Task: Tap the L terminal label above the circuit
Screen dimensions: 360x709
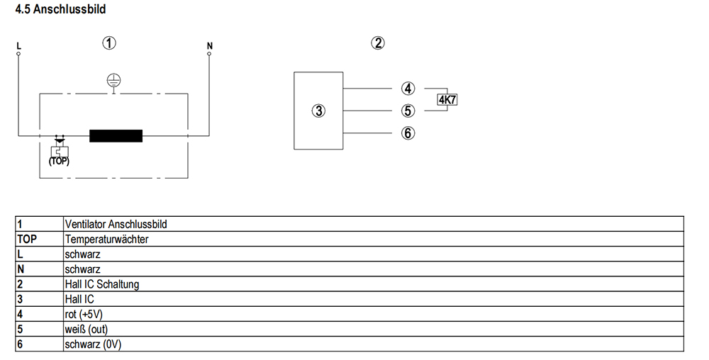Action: pos(19,46)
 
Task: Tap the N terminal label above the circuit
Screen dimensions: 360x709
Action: pos(209,46)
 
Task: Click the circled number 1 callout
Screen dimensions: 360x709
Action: pos(109,43)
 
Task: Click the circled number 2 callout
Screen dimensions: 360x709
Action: pos(378,43)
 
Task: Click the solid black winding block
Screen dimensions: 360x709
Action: pos(116,136)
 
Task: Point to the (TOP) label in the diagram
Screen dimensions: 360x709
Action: pos(59,161)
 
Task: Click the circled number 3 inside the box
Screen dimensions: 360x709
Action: pos(319,111)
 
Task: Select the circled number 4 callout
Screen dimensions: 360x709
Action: pos(408,89)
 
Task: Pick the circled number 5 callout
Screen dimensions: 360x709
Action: pos(408,111)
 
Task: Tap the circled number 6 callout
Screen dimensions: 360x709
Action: pos(408,133)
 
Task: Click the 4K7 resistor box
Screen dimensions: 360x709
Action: pos(447,100)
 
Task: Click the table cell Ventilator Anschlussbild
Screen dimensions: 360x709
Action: pos(116,225)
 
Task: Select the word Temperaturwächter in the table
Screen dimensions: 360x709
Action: pos(107,240)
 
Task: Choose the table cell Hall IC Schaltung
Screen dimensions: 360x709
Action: pos(101,284)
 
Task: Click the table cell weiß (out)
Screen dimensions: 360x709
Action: pos(86,330)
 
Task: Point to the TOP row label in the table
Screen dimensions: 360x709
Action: pos(27,240)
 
